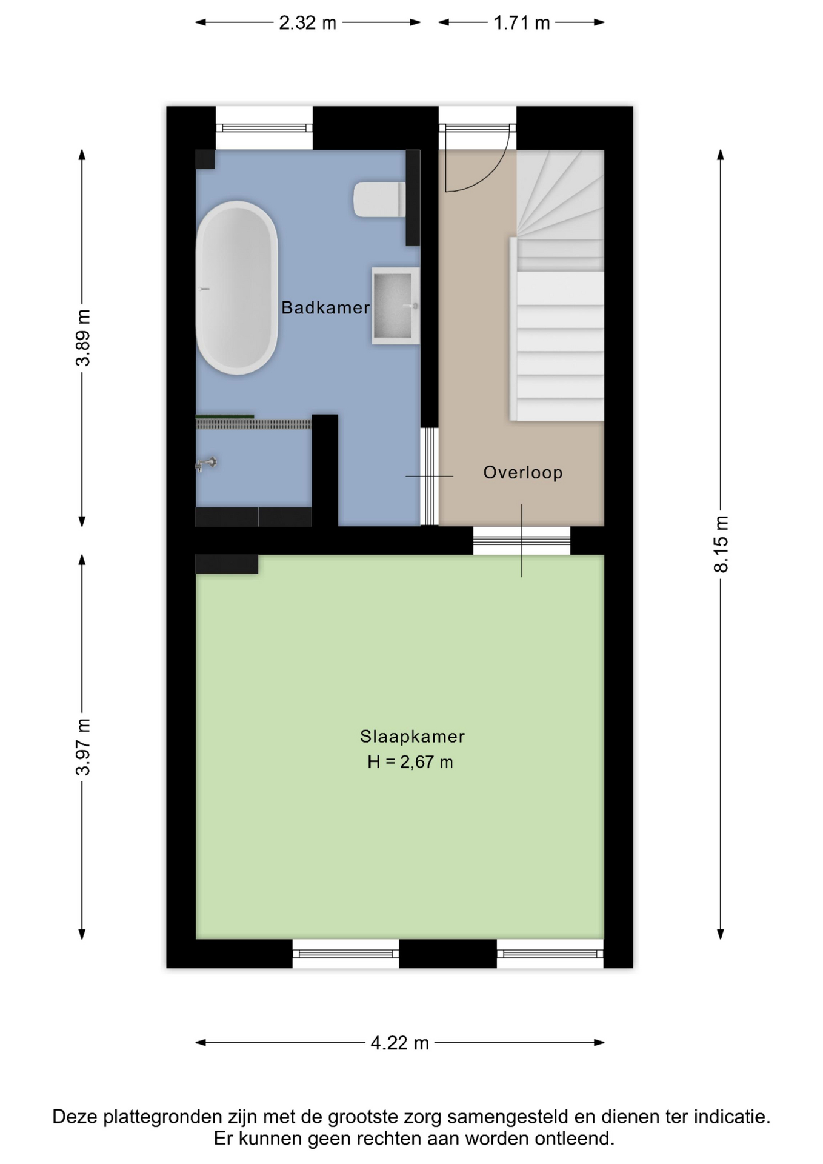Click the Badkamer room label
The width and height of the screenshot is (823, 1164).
pos(325,307)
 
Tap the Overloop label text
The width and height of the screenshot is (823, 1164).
pos(523,472)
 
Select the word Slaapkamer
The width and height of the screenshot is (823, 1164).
pos(412,737)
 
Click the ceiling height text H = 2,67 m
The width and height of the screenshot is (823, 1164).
pos(410,762)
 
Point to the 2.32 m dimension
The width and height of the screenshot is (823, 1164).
pos(307,22)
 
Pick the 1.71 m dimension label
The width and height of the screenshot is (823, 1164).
pos(521,22)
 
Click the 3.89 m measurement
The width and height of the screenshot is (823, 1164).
pos(83,338)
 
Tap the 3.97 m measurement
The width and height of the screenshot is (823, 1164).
pos(83,747)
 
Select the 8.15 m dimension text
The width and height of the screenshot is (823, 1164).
pos(721,544)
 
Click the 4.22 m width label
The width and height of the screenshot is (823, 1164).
pos(399,1043)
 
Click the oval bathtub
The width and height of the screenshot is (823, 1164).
pos(237,288)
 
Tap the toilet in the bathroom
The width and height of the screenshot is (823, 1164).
pos(379,199)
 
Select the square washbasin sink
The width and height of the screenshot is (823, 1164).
pos(395,306)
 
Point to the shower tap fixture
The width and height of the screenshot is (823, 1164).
pos(207,464)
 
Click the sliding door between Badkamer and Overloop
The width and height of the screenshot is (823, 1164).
pos(429,477)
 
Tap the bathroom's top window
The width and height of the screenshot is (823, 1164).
pos(264,128)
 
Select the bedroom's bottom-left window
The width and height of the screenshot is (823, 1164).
pos(345,954)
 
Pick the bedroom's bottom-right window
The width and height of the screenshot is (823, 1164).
pos(550,954)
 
